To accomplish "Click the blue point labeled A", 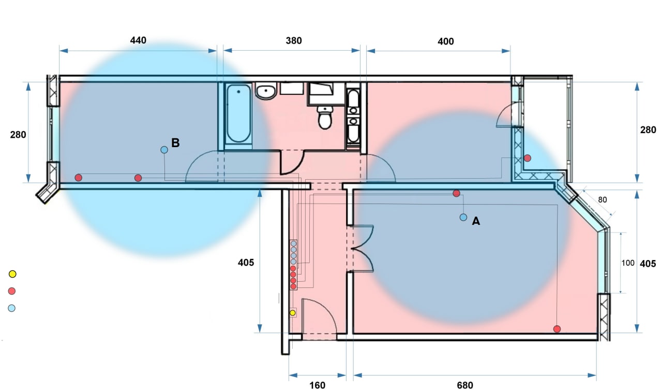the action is point(463,218).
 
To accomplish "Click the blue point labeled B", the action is point(164,150).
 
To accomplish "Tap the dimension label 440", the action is point(138,40).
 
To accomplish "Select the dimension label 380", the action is point(294,40).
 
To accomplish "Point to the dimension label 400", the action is point(446,41).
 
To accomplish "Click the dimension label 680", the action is point(465,385).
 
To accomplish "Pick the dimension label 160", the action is point(318,385).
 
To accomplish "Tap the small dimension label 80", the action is point(603,200).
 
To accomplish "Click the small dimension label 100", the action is point(628,263).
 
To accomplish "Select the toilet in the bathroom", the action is point(325,118).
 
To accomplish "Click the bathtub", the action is point(238,113).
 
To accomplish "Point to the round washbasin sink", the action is point(266,91).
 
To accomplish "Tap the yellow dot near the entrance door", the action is point(293,313).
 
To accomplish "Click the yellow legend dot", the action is point(12,274).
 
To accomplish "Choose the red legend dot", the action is point(12,291).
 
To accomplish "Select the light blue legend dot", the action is point(11,308).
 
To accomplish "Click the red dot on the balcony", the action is point(528,158).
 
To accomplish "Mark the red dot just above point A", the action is point(456,193).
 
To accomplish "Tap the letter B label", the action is point(175,142).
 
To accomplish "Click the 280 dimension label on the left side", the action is point(18,135).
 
